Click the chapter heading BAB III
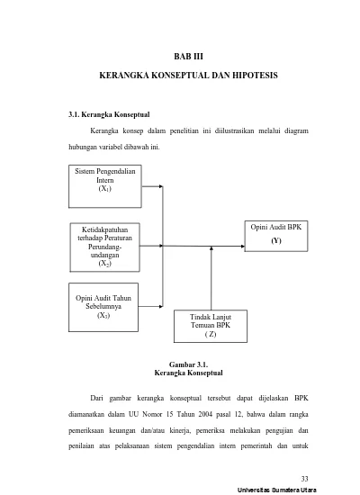[188, 57]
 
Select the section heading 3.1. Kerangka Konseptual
[109, 114]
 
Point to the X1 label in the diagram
[104, 188]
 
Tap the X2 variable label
[104, 264]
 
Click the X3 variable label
[103, 315]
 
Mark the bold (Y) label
[276, 240]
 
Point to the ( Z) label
[211, 334]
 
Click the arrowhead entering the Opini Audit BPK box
[242, 247]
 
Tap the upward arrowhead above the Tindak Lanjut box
[211, 248]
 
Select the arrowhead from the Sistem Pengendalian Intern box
[161, 186]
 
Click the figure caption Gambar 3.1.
[188, 364]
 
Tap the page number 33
[305, 479]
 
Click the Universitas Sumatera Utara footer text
[277, 490]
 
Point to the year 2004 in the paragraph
[205, 414]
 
